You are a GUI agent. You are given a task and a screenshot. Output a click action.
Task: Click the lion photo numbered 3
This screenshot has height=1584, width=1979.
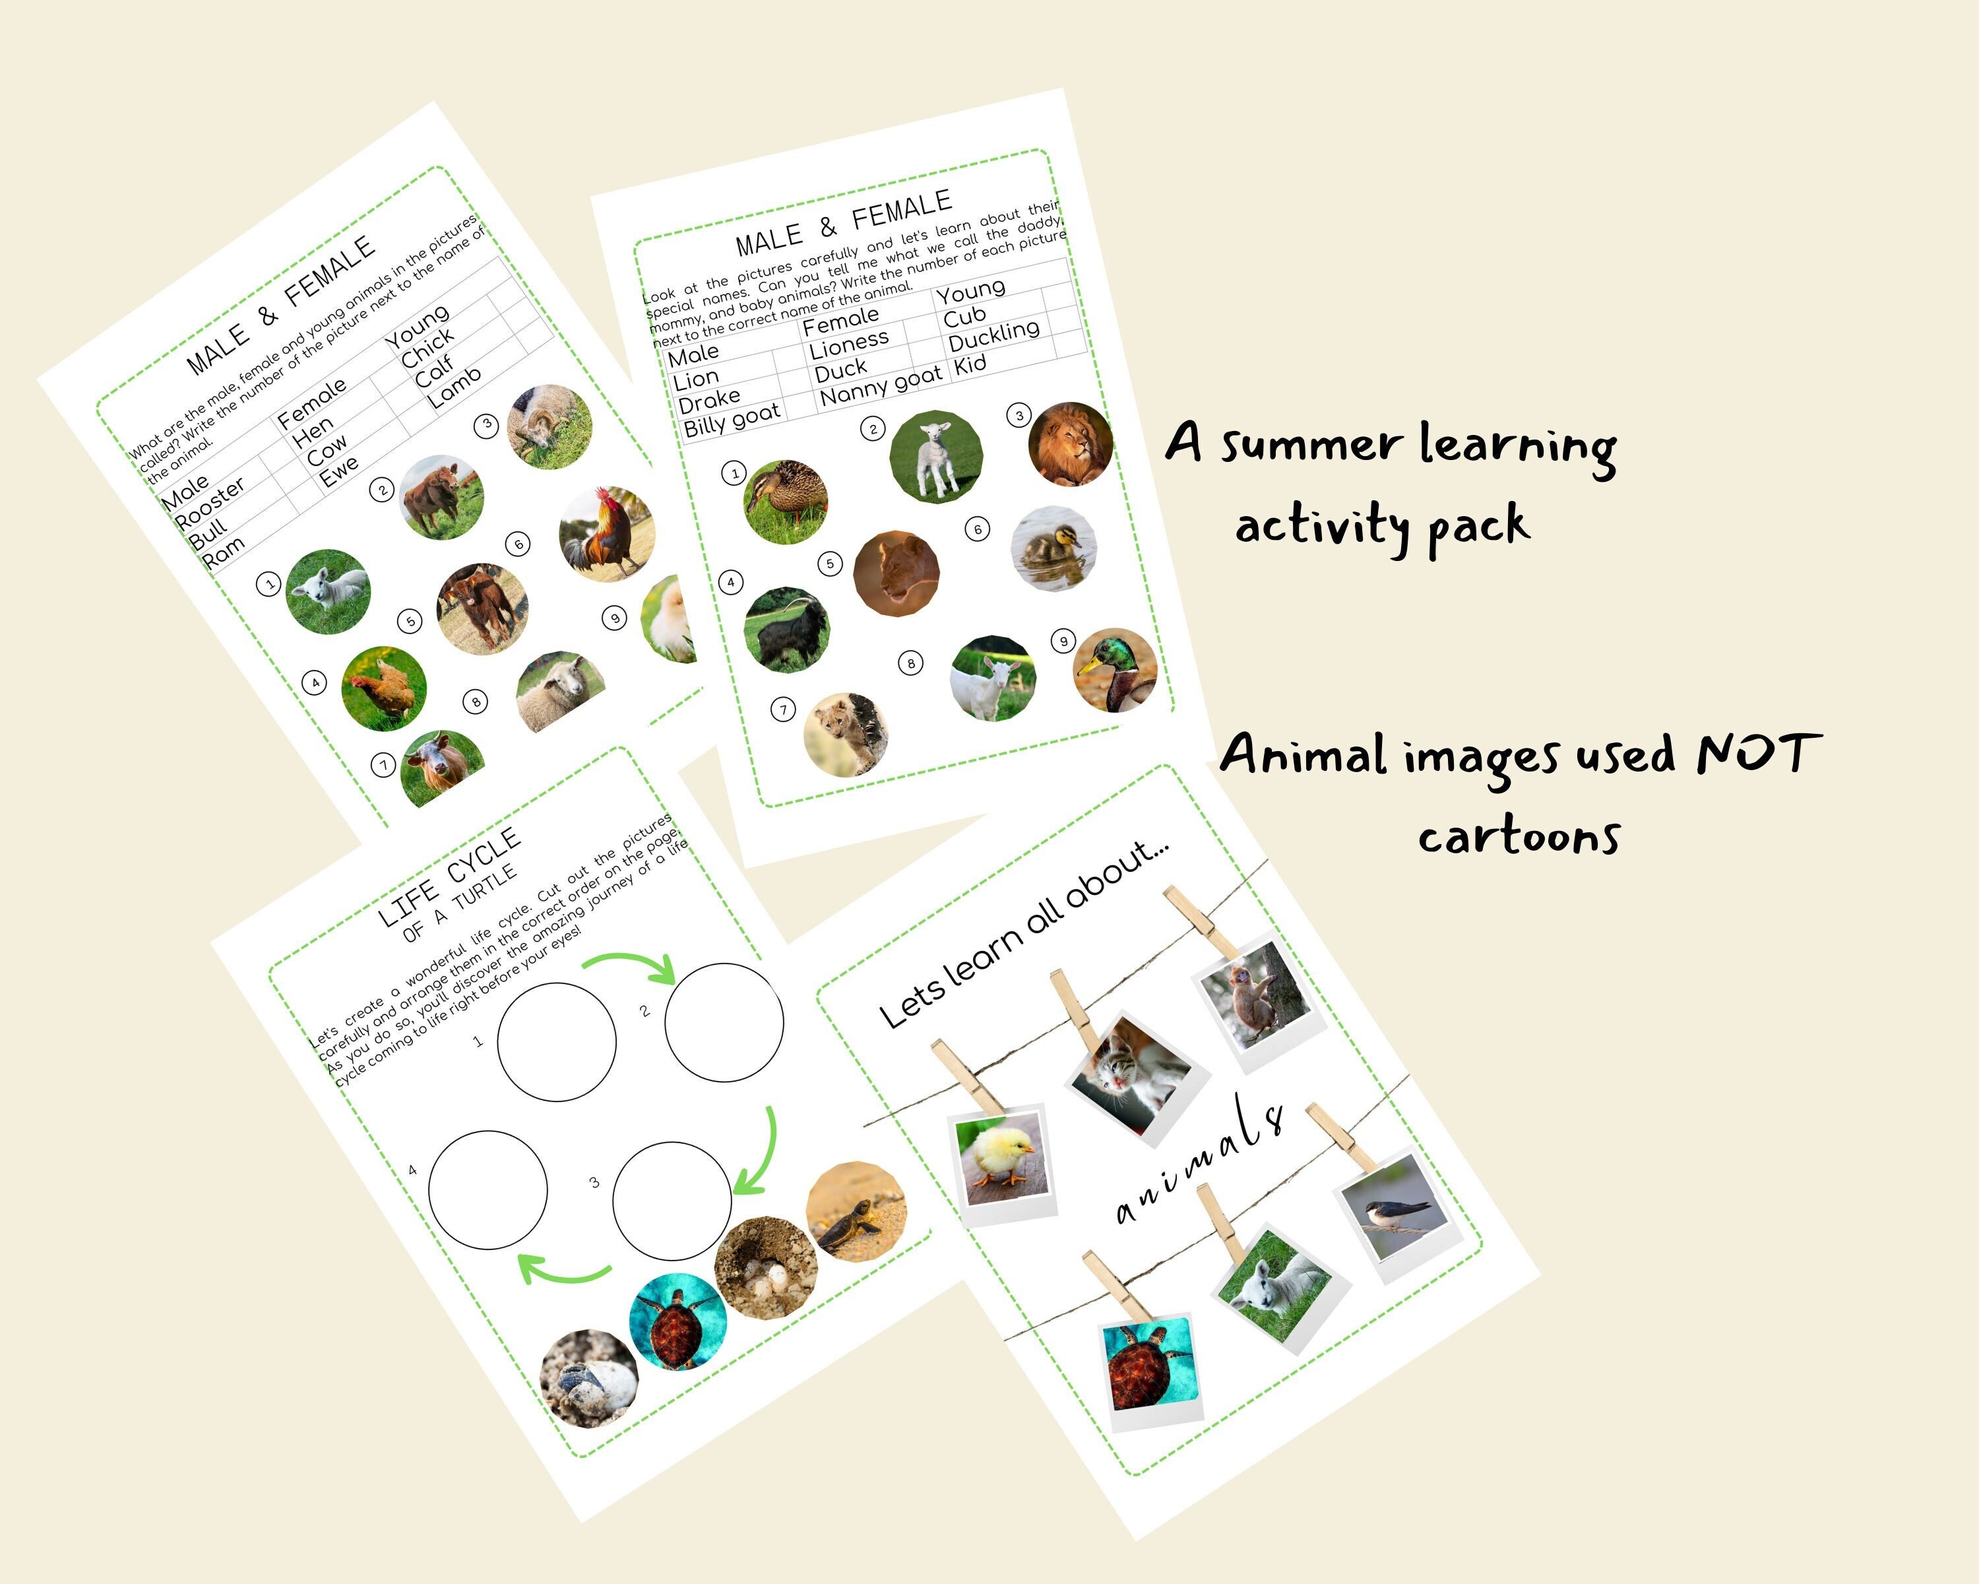tap(1070, 444)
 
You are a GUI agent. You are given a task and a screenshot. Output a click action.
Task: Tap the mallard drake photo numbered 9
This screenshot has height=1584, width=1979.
tap(1116, 671)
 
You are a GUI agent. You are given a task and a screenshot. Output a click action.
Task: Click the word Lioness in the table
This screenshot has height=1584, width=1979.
tap(849, 343)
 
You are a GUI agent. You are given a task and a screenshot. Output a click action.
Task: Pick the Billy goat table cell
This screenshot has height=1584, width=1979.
tap(732, 418)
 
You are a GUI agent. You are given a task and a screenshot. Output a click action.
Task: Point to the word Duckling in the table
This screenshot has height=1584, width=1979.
tap(993, 336)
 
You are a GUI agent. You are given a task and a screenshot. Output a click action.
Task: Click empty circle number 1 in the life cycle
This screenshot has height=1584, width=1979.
tap(556, 1041)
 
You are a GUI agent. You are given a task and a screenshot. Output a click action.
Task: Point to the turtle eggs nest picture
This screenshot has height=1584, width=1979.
tap(765, 1267)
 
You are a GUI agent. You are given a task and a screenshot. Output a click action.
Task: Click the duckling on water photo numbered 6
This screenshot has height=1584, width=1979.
tap(1053, 549)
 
